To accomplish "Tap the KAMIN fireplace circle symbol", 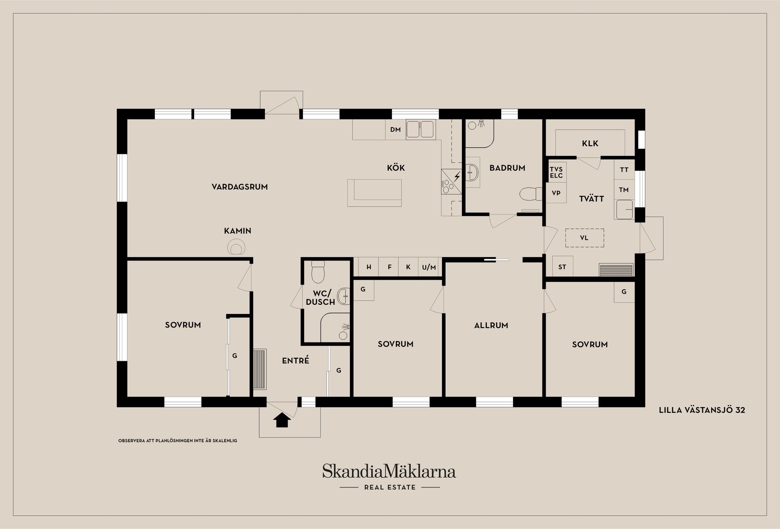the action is (x=236, y=247).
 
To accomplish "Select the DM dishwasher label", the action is (x=395, y=130).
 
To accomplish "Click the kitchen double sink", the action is (x=420, y=129).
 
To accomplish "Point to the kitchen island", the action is (x=374, y=193).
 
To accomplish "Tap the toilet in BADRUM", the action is (x=531, y=194).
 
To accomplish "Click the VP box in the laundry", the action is (x=556, y=193).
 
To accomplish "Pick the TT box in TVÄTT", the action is (x=624, y=170).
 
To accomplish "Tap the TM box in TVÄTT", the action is (x=624, y=190).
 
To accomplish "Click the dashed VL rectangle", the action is (x=584, y=238).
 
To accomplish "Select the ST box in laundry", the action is (x=562, y=267).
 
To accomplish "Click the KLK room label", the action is (x=590, y=143).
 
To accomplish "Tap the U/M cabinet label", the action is (x=429, y=267).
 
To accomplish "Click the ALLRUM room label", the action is (x=491, y=325).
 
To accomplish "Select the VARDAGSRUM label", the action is (x=240, y=187).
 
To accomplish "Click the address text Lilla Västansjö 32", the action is (x=702, y=410).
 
